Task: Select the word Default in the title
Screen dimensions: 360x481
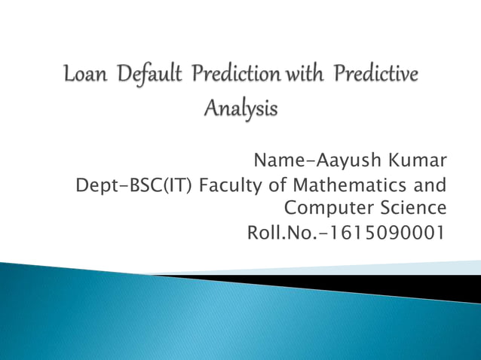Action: (147, 78)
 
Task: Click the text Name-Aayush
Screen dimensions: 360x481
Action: (316, 161)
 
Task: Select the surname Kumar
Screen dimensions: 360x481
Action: (415, 161)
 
